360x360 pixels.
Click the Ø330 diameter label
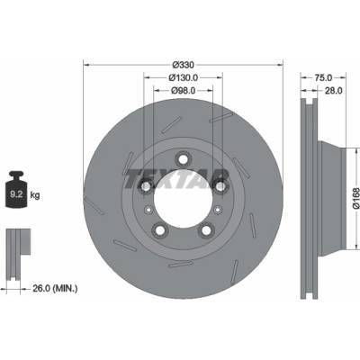pyautogui.click(x=184, y=65)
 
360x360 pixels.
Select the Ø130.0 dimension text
pyautogui.click(x=183, y=77)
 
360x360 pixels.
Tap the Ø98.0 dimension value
pyautogui.click(x=183, y=90)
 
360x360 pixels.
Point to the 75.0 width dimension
pyautogui.click(x=323, y=77)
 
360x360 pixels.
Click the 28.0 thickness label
pyautogui.click(x=334, y=90)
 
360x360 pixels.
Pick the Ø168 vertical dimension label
pyautogui.click(x=355, y=198)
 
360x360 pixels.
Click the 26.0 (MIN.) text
pyautogui.click(x=55, y=289)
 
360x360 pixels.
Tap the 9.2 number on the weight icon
pyautogui.click(x=16, y=194)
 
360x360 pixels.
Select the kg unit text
pyautogui.click(x=35, y=195)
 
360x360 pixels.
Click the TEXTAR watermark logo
pyautogui.click(x=176, y=179)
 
